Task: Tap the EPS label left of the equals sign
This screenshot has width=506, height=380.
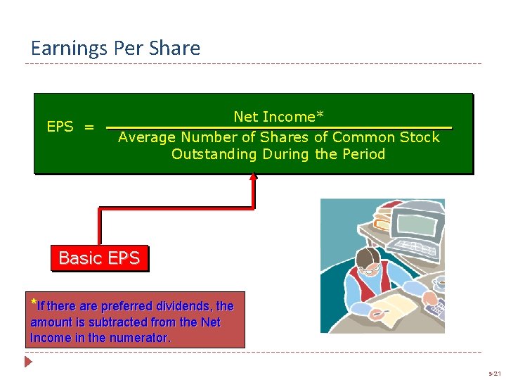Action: pos(60,127)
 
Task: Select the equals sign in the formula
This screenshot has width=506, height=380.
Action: pos(89,127)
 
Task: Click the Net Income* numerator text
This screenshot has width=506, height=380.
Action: pos(278,117)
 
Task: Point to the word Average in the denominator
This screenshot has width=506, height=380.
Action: pos(147,137)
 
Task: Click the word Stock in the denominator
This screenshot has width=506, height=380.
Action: pos(420,137)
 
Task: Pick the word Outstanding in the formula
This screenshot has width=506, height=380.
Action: pos(214,154)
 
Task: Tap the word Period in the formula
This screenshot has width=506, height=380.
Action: pos(363,154)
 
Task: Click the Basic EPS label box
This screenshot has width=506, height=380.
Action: pos(99,258)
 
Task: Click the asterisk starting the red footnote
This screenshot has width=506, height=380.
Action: pos(33,303)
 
